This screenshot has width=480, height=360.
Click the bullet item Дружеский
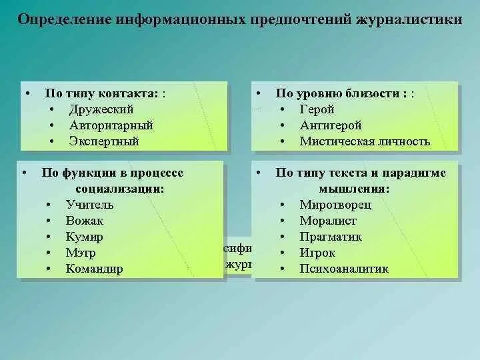101,109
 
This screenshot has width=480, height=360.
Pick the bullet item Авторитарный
111,125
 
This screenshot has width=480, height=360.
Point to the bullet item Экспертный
104,141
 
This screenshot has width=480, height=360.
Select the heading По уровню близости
339,93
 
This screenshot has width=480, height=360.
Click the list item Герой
317,109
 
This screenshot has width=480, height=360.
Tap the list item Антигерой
330,125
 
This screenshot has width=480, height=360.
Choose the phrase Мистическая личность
365,141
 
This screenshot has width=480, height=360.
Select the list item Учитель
90,205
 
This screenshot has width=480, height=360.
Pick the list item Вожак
85,221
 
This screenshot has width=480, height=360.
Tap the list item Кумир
85,237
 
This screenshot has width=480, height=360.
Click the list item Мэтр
81,253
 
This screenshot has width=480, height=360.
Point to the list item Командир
94,269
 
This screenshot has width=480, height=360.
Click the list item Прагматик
331,237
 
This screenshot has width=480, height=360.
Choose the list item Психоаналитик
343,269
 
